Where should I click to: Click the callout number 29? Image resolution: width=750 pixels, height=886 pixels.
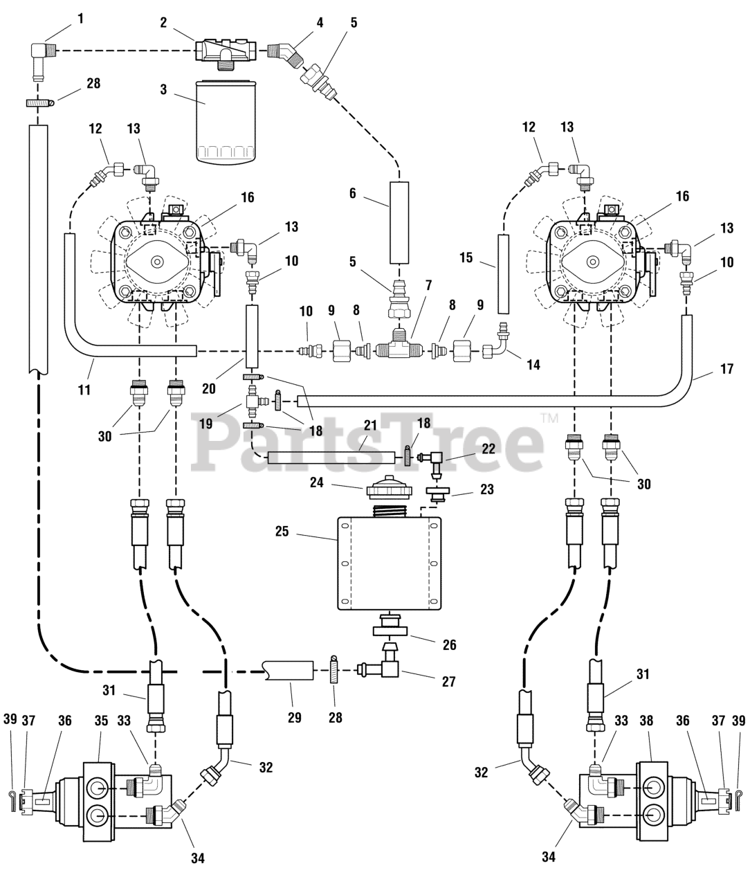click(295, 718)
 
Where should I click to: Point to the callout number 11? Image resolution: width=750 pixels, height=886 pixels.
click(84, 370)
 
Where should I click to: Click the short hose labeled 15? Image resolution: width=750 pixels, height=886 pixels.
click(503, 274)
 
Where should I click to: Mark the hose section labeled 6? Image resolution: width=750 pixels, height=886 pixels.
click(399, 222)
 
